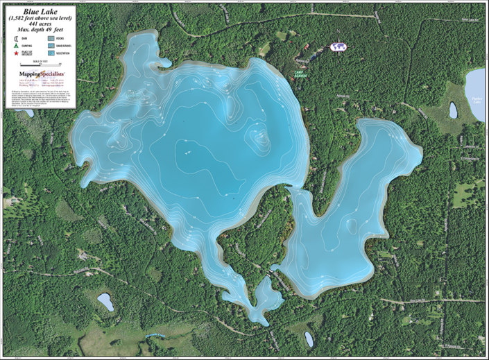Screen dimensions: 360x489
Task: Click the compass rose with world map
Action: [338, 46]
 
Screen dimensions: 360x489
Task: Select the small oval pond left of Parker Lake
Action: [453, 110]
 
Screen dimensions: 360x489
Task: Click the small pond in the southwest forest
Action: [105, 302]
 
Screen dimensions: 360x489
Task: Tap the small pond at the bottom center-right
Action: [309, 338]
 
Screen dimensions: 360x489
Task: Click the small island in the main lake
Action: [261, 138]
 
